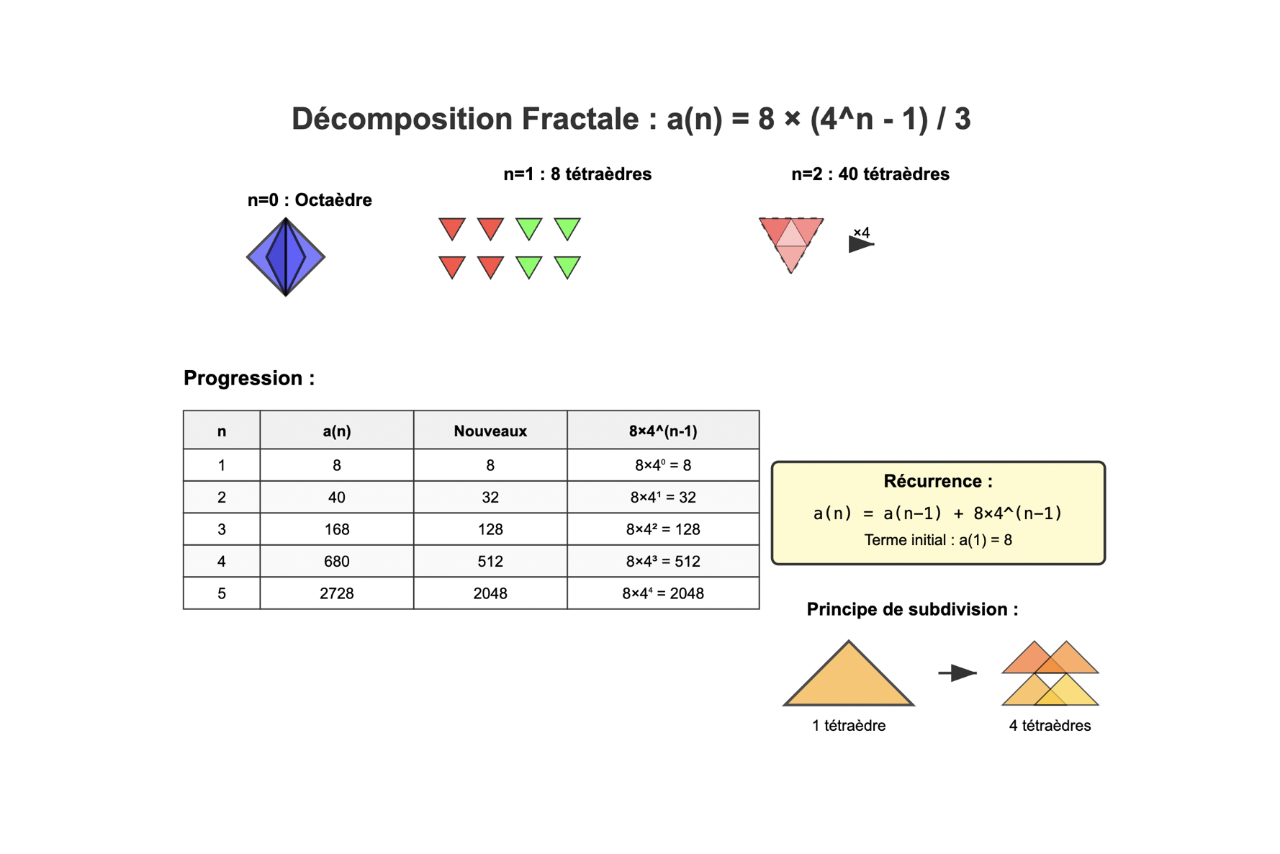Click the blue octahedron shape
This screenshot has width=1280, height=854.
coord(286,257)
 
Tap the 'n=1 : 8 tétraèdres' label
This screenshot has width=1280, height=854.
coord(577,174)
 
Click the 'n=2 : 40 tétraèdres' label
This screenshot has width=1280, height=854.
coord(870,174)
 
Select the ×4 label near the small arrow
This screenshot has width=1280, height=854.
coord(862,233)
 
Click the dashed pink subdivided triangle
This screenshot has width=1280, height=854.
coord(791,242)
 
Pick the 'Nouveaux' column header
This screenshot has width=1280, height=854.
coord(490,431)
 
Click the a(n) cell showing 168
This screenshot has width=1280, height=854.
coord(337,529)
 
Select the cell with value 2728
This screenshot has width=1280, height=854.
coord(337,593)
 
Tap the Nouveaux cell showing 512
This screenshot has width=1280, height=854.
coord(490,561)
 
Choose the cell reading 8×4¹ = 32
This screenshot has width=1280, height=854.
coord(663,497)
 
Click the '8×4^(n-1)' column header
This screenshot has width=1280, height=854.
coord(663,431)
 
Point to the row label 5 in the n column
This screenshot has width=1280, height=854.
coord(222,593)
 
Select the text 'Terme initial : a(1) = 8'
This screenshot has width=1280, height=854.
coord(938,540)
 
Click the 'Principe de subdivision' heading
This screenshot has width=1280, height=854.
coord(906,609)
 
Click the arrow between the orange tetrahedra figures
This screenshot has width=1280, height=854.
coord(957,673)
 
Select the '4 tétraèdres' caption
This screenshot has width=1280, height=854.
coord(1050,726)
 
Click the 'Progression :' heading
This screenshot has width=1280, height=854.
coord(249,378)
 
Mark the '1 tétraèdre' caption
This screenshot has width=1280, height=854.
coord(849,726)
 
